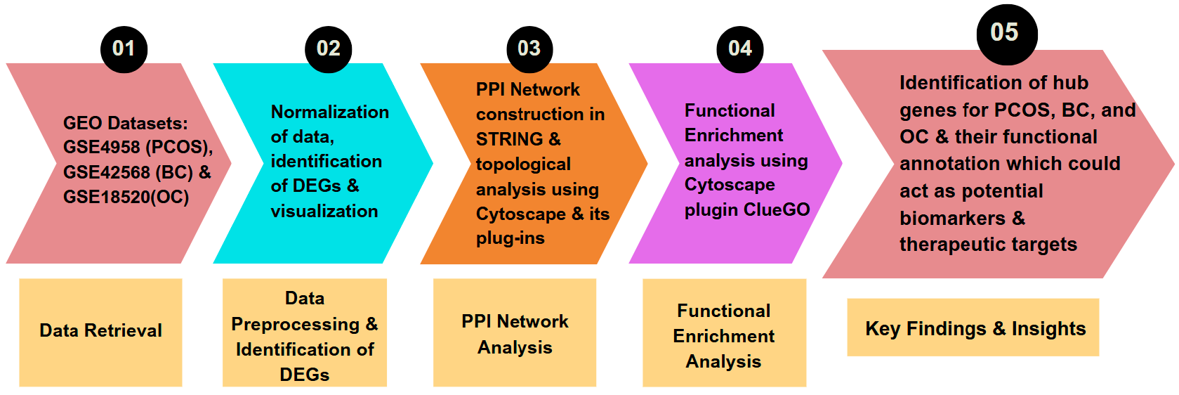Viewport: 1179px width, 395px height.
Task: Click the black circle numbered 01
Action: coord(124,48)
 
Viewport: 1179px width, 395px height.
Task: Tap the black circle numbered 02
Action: coord(328,48)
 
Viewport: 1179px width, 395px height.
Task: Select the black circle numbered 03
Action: coord(529,48)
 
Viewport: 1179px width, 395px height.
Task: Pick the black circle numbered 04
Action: coord(739,48)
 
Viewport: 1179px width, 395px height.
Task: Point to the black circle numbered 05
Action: coord(1006,33)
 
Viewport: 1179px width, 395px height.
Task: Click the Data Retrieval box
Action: coord(100,332)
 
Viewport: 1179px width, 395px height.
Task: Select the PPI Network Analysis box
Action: coord(515,333)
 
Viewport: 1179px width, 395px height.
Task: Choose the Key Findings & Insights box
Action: coord(973,328)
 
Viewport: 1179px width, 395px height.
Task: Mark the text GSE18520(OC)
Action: coord(126,197)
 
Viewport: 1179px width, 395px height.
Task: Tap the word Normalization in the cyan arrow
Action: coord(330,112)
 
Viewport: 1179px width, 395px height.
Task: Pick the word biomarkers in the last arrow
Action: coord(952,219)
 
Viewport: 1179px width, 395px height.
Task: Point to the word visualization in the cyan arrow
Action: coord(324,212)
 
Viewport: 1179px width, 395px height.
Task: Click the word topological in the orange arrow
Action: coord(523,164)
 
